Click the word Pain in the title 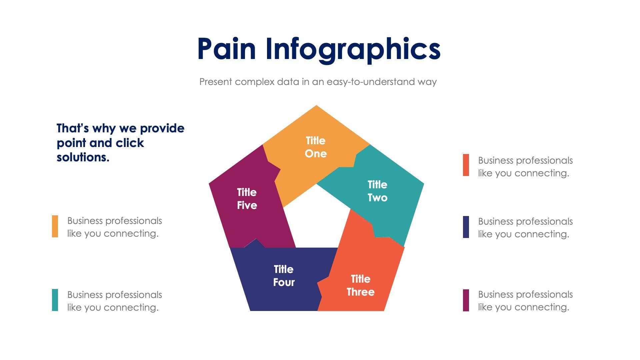point(227,49)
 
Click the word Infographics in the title point(353,50)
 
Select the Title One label point(316,147)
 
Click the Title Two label point(377,191)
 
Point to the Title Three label point(360,285)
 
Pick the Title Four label point(284,276)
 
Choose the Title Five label point(247,199)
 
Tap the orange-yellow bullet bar point(55,226)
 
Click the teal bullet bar point(55,300)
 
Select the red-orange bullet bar point(466,165)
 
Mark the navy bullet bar point(466,227)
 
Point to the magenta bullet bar point(466,300)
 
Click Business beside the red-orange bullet point(496,161)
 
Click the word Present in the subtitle point(216,82)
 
